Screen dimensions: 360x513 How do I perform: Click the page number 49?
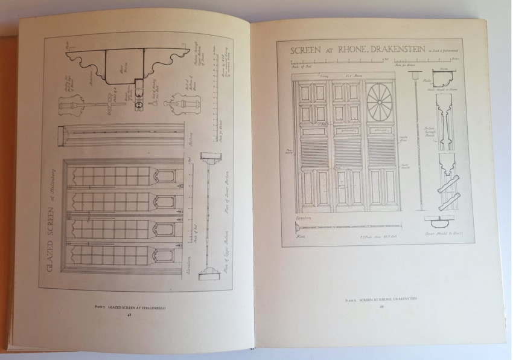[381, 306]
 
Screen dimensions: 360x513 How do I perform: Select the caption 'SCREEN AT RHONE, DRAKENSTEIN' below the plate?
[382, 299]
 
